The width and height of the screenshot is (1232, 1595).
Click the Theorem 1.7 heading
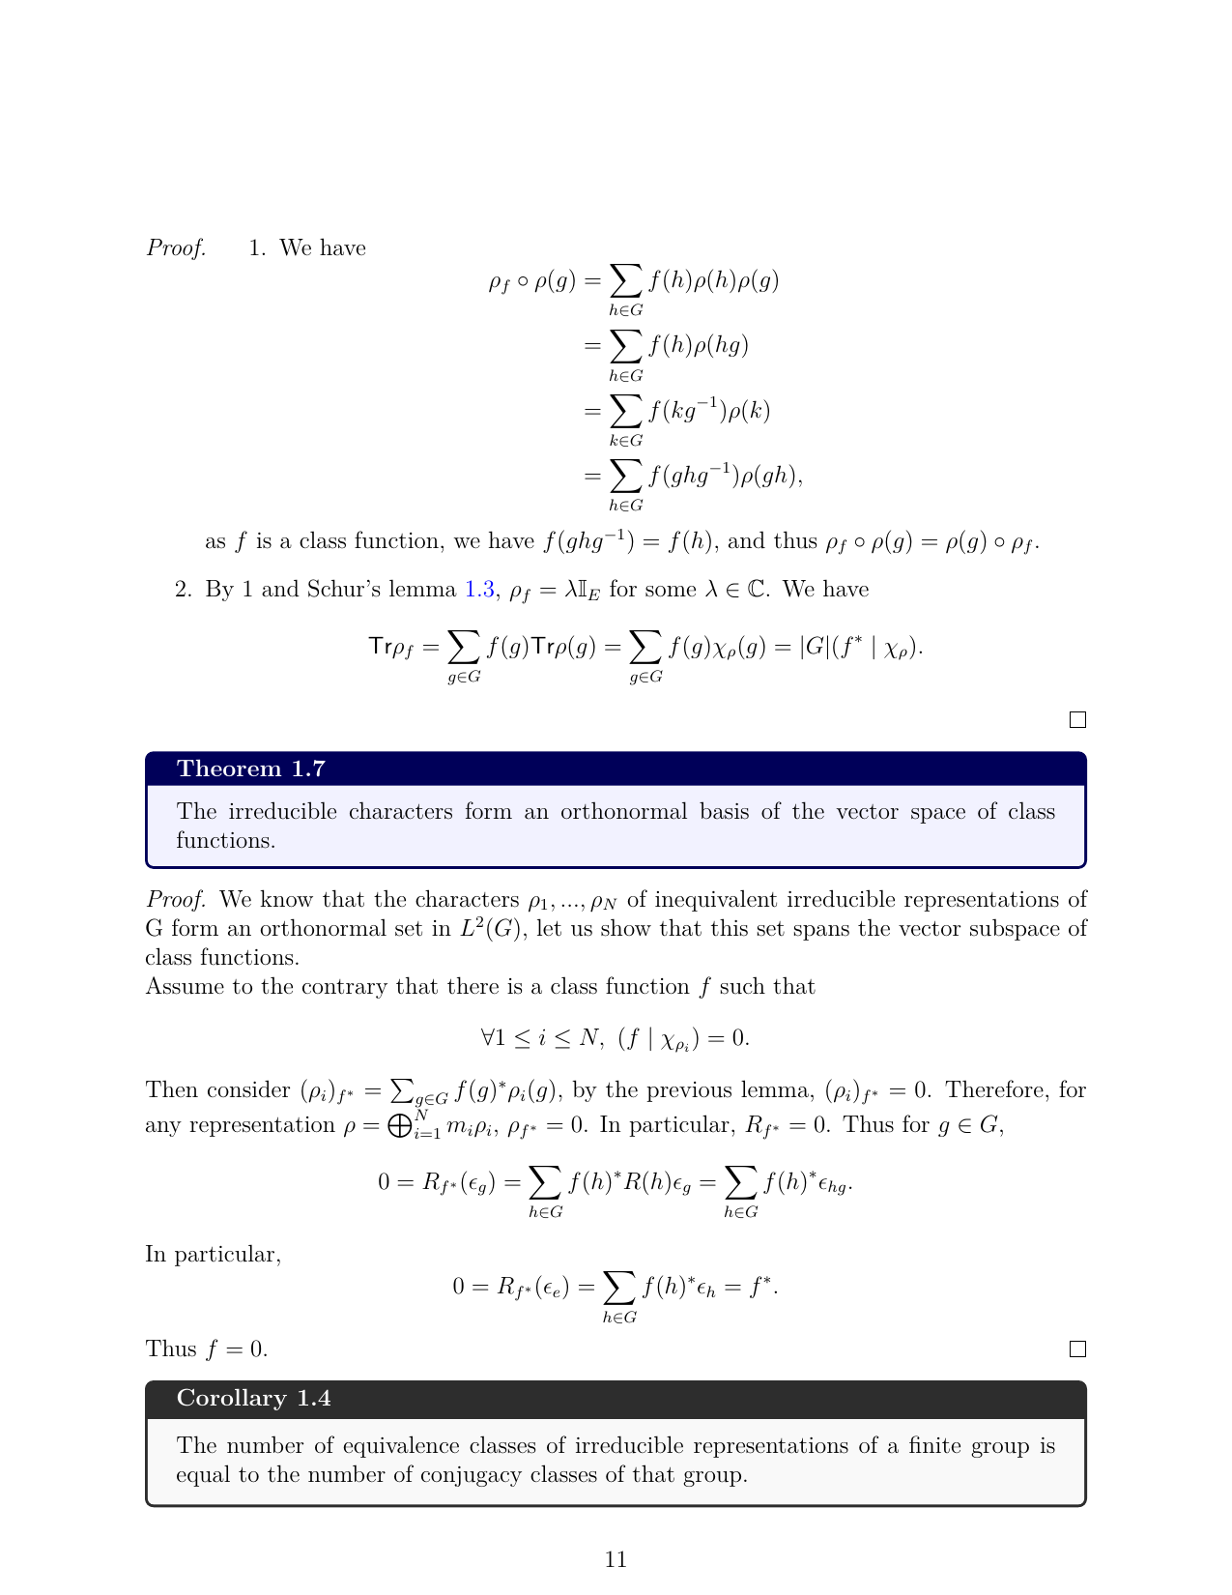click(251, 768)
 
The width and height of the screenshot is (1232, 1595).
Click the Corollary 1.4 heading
click(254, 1398)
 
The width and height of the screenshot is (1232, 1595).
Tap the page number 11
click(616, 1559)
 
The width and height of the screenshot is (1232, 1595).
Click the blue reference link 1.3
click(480, 590)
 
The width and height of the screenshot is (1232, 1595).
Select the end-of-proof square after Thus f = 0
click(1078, 1349)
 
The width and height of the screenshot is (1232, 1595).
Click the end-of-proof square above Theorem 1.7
click(1078, 720)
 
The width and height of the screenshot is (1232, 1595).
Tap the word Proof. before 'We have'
click(176, 248)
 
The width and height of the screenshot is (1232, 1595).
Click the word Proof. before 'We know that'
click(176, 900)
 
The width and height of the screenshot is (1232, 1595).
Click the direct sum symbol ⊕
click(399, 1126)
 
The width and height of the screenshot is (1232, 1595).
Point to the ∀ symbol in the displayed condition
click(488, 1038)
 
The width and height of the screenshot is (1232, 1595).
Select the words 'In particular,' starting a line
click(213, 1255)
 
